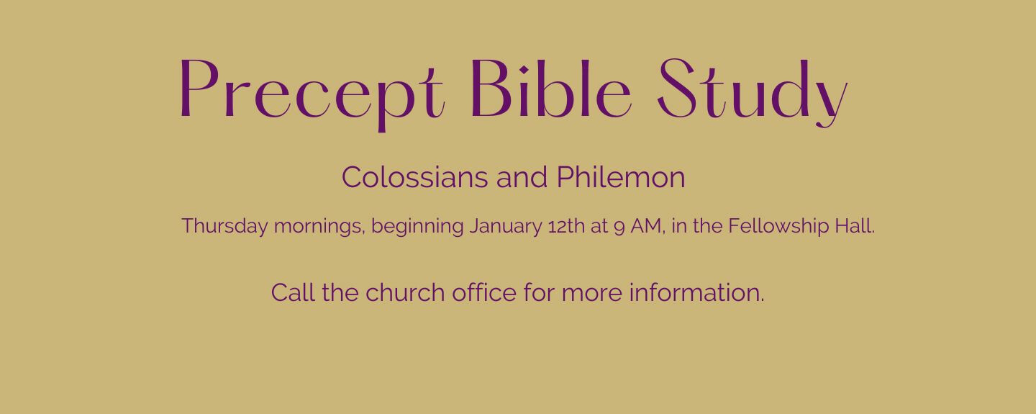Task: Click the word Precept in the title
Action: [x=312, y=93]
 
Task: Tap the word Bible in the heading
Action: [x=550, y=88]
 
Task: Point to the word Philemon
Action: [x=621, y=177]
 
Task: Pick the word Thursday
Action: [x=224, y=227]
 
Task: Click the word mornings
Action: [x=318, y=227]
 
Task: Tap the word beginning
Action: [x=417, y=227]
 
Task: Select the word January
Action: [x=506, y=227]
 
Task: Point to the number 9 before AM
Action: [x=619, y=227]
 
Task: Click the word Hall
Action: [x=855, y=226]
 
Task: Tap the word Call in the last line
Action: [x=294, y=292]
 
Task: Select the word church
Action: [x=405, y=292]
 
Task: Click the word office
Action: [x=484, y=292]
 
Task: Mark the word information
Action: [x=696, y=292]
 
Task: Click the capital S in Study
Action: [x=677, y=88]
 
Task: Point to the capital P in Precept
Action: [x=199, y=88]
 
